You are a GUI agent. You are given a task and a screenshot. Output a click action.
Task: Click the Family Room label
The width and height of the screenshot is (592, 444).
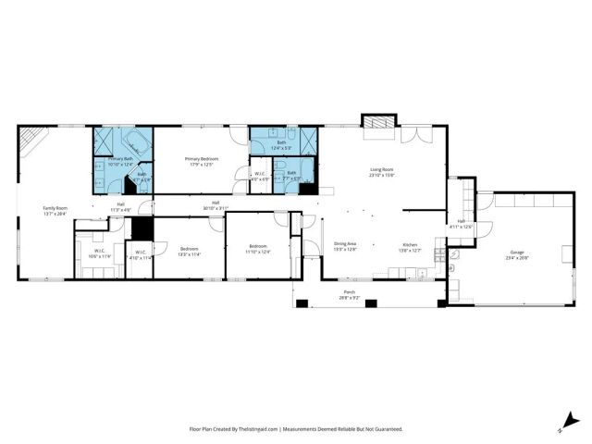click(x=55, y=208)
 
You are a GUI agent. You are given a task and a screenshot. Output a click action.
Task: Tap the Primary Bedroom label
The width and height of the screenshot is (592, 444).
click(x=199, y=158)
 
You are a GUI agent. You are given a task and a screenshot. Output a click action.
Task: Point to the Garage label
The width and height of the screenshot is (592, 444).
click(x=516, y=252)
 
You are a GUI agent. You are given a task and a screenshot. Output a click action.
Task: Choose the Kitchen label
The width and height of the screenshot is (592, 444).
click(x=409, y=244)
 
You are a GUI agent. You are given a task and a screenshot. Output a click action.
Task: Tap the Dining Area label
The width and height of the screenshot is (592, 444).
click(x=346, y=244)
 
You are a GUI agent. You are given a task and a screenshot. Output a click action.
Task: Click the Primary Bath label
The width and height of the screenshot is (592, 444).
click(x=121, y=158)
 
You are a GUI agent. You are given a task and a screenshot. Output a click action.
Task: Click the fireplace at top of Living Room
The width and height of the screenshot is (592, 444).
click(x=376, y=125)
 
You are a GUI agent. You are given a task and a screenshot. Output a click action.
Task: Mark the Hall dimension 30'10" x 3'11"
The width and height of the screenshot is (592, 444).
click(x=216, y=208)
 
